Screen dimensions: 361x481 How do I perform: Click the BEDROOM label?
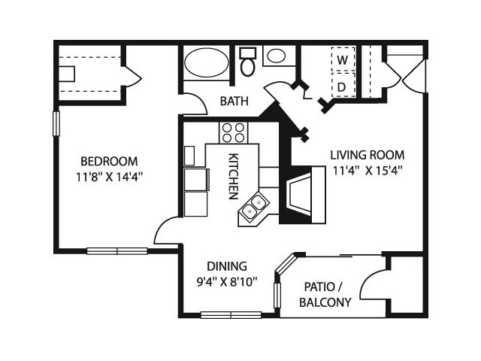click(109, 161)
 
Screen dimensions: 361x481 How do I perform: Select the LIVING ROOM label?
click(368, 155)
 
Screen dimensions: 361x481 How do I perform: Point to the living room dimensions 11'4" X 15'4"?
click(368, 170)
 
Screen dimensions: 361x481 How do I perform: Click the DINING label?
click(226, 266)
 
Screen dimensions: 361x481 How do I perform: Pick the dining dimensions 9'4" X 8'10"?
click(227, 282)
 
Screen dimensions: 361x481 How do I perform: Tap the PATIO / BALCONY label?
click(325, 295)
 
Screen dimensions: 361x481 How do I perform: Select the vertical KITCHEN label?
click(233, 175)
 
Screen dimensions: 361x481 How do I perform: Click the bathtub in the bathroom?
click(207, 62)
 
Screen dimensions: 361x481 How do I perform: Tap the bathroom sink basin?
click(276, 55)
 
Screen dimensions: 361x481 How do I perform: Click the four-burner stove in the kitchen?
click(233, 132)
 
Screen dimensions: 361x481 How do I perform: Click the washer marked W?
click(343, 59)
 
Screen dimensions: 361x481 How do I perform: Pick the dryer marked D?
click(343, 86)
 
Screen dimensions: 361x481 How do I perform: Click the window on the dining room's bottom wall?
click(231, 314)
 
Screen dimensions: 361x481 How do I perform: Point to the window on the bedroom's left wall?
click(56, 123)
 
